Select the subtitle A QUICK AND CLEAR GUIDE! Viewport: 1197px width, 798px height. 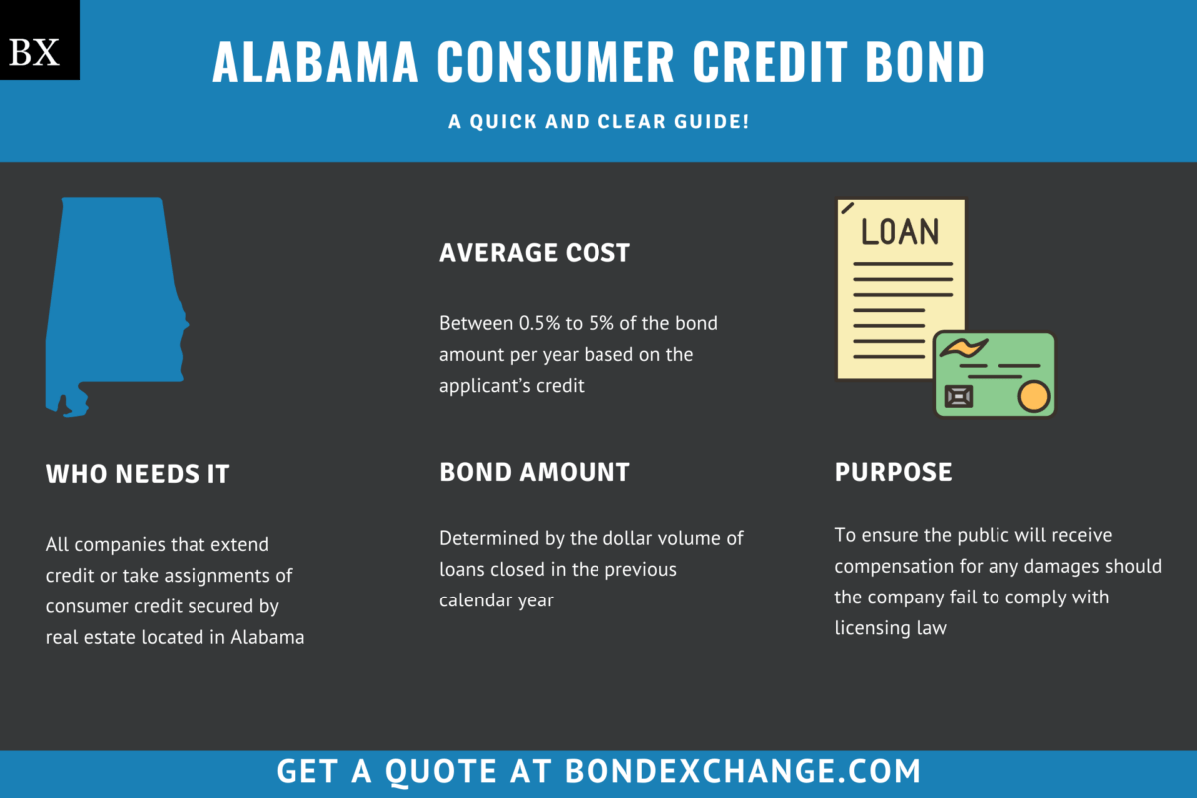coord(598,121)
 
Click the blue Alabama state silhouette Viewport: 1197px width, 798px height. coord(110,299)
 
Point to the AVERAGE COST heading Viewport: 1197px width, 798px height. coord(535,253)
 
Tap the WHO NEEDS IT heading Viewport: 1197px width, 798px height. coord(138,474)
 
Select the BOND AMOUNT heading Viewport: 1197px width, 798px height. coord(535,472)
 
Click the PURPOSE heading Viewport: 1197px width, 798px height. coord(893,472)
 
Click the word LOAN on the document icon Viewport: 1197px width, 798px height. coord(900,232)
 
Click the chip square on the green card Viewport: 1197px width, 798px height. coord(959,396)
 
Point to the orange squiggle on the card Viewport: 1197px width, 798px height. coord(963,349)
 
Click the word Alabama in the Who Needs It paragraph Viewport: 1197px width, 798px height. coord(266,637)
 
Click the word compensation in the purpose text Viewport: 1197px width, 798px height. coord(894,567)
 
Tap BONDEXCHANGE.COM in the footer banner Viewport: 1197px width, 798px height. coord(742,771)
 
